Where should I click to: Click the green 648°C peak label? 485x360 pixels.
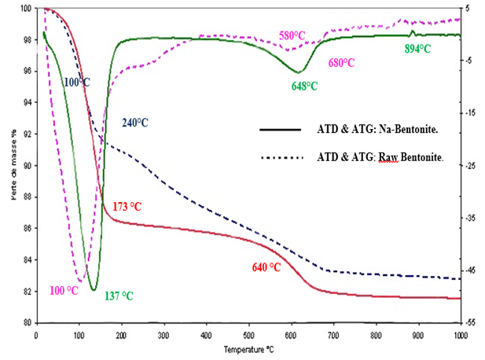pos(304,86)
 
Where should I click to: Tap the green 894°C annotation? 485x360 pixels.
pos(417,49)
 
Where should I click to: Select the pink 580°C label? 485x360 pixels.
pos(292,35)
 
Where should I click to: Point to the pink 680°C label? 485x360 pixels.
pos(343,63)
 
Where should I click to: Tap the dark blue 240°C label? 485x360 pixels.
pos(134,123)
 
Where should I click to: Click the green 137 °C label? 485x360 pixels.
pos(119,296)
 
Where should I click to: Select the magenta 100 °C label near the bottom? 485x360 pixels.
pos(63,290)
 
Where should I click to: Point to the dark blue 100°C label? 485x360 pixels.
pos(76,81)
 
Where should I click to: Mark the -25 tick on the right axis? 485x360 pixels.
pos(470,166)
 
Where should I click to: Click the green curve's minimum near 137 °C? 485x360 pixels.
pos(94,290)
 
